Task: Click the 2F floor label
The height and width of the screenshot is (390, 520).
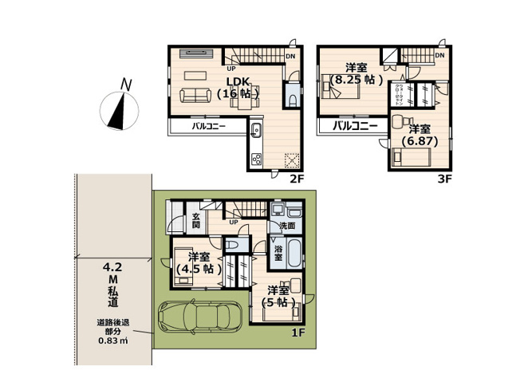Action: [x=297, y=179]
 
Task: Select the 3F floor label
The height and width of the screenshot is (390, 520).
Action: [x=444, y=179]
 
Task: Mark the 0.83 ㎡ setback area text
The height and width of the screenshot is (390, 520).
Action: [x=113, y=341]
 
